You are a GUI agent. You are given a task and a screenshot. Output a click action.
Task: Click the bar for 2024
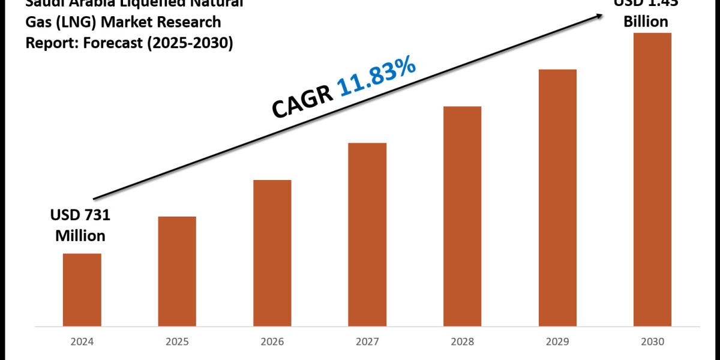[x=82, y=289]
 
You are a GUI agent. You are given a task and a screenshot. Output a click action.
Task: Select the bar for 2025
[x=177, y=271]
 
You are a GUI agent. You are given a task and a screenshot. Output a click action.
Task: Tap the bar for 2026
[x=272, y=253]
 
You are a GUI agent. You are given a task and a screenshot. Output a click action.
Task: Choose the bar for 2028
[x=462, y=216]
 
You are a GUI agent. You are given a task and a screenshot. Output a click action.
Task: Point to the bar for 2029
[x=557, y=197]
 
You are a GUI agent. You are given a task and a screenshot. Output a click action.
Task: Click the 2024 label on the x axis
[x=82, y=342]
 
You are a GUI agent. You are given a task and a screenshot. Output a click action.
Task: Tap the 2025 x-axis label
[x=177, y=342]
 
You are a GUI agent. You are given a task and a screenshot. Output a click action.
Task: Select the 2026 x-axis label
[x=272, y=342]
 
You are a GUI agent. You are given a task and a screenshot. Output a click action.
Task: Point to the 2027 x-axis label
[x=367, y=342]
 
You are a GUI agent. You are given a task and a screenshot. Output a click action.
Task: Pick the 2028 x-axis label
[x=462, y=342]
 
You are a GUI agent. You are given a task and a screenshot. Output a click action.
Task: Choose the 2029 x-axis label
[x=557, y=342]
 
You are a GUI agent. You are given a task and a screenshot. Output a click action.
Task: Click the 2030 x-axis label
[x=652, y=342]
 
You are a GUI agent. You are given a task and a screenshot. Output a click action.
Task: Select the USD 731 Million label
[x=80, y=225]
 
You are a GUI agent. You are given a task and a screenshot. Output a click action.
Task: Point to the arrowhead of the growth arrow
[x=601, y=16]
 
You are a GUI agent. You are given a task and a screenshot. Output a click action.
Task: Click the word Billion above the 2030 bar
[x=645, y=22]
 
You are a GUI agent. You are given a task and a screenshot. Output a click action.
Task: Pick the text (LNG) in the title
[x=73, y=23]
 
